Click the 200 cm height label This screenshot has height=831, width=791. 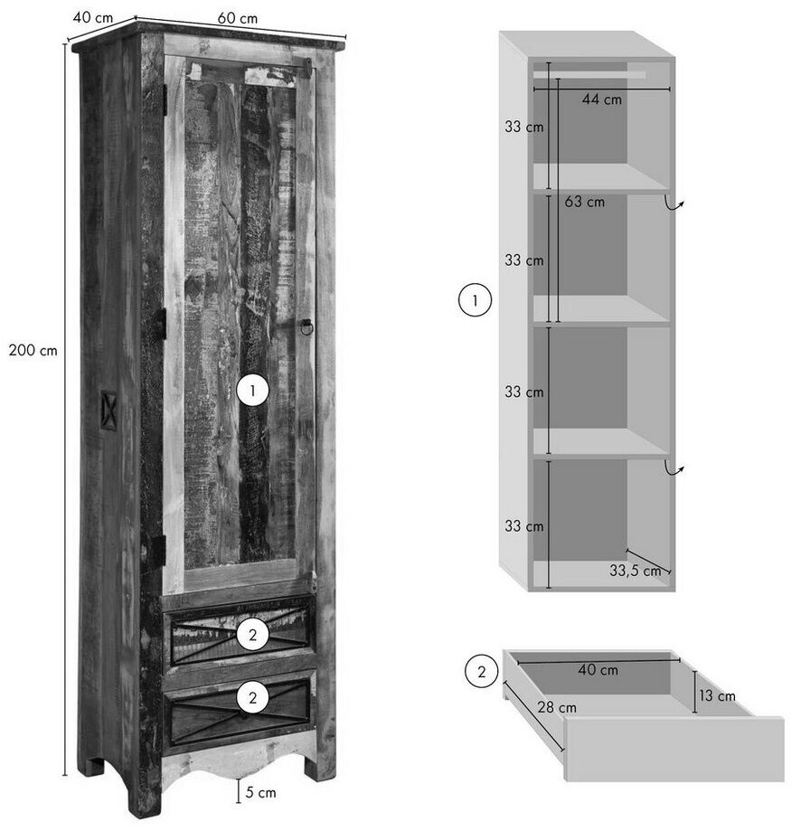pos(33,350)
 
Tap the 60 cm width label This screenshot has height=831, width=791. pos(238,18)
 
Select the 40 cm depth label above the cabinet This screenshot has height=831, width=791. pos(93,17)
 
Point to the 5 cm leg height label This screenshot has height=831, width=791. pos(260,793)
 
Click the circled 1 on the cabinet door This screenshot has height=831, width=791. pos(253,391)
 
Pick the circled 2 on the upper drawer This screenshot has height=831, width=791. pos(253,635)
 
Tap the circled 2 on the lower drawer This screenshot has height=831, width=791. pos(253,697)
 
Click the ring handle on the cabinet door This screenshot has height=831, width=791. pos(306,327)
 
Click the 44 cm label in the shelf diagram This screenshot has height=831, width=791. pos(602,99)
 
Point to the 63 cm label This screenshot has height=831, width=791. pos(584,202)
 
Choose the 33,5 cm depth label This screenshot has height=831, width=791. pos(636,571)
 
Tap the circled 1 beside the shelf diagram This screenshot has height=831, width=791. pos(475,300)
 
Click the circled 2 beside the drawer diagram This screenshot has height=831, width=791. pos(482,672)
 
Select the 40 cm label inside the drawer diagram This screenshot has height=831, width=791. pos(598,670)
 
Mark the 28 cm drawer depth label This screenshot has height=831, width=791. pos(557,707)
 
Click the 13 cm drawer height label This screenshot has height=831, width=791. pos(718,696)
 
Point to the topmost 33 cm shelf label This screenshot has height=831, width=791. pos(524,127)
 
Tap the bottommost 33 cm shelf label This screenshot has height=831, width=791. pos(524,525)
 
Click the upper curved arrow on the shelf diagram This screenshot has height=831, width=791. pos(673,204)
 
